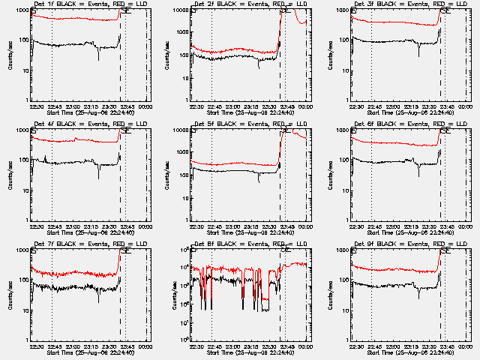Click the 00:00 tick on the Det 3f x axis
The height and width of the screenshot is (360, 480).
(x=466, y=106)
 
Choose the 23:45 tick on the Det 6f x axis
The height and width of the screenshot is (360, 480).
(x=448, y=226)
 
